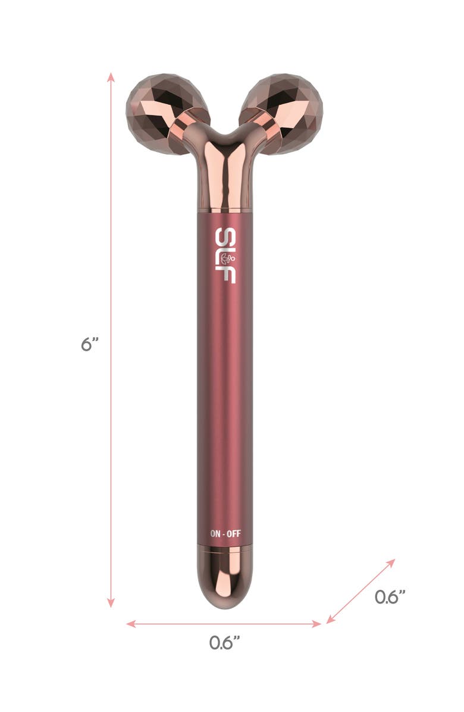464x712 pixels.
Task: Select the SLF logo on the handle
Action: [224, 255]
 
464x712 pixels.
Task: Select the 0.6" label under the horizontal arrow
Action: [224, 642]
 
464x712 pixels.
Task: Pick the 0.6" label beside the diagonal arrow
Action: [390, 597]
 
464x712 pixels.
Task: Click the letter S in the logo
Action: [224, 235]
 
